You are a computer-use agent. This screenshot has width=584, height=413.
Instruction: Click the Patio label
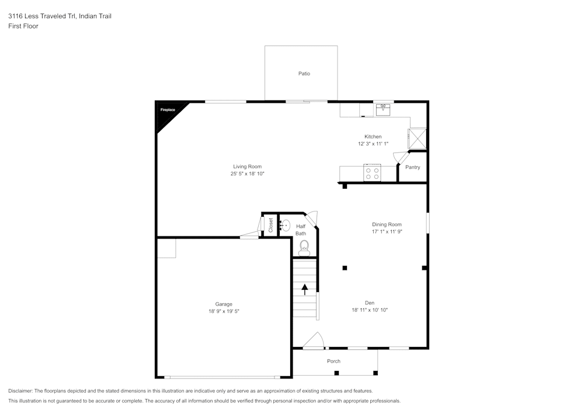pyautogui.click(x=304, y=74)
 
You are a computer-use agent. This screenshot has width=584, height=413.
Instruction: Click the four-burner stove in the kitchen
pyautogui.click(x=372, y=173)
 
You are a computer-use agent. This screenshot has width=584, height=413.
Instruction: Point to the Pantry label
pyautogui.click(x=412, y=168)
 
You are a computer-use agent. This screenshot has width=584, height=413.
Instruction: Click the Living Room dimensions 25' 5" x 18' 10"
pyautogui.click(x=247, y=174)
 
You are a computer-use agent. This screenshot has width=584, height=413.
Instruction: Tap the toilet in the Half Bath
pyautogui.click(x=304, y=249)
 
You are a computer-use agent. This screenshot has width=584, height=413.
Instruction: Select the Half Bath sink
pyautogui.click(x=286, y=225)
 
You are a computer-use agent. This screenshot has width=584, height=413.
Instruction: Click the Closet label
pyautogui.click(x=270, y=225)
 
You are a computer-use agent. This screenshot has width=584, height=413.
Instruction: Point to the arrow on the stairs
pyautogui.click(x=304, y=289)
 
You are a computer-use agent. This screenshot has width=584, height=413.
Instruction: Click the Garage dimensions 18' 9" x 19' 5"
pyautogui.click(x=224, y=311)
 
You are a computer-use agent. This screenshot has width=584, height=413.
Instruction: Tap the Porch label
pyautogui.click(x=333, y=361)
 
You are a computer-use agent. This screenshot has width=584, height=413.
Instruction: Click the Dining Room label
pyautogui.click(x=387, y=224)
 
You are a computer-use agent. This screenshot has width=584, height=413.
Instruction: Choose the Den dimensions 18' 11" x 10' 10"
pyautogui.click(x=370, y=310)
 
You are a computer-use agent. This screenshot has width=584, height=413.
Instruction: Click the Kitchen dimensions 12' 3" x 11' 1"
pyautogui.click(x=373, y=144)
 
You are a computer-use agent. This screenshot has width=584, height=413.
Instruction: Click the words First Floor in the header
pyautogui.click(x=23, y=26)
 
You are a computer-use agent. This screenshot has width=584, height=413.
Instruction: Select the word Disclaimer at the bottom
pyautogui.click(x=20, y=391)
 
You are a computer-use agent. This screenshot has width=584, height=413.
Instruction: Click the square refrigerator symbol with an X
pyautogui.click(x=418, y=139)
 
